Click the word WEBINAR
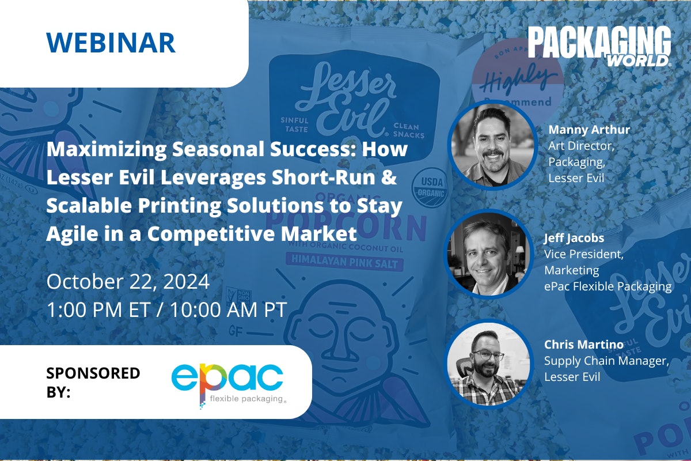point(111,43)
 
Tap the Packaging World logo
point(599,46)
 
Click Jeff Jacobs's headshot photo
point(489,253)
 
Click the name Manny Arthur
point(589,130)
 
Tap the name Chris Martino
point(583,345)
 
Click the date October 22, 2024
point(128,282)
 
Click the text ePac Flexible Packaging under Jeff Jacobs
point(608,286)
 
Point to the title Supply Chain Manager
point(606,361)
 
